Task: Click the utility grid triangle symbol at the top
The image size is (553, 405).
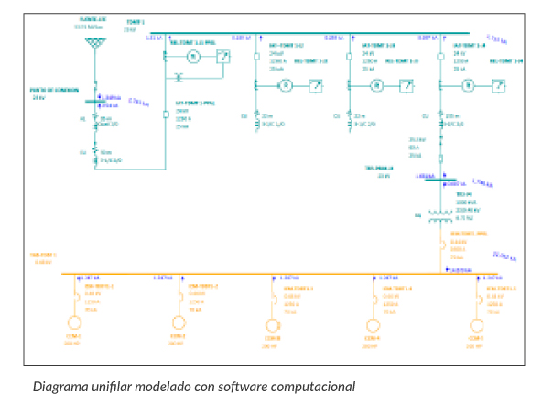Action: pos(95,42)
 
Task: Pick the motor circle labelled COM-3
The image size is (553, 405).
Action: pos(272,326)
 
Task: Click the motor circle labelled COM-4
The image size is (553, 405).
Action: pos(373,326)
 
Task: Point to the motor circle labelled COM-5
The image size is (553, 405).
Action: pos(476,326)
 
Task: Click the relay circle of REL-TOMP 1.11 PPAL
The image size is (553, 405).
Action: pos(193,57)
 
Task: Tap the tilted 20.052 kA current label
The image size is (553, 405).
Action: pos(505,256)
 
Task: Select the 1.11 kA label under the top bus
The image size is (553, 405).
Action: pos(153,38)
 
